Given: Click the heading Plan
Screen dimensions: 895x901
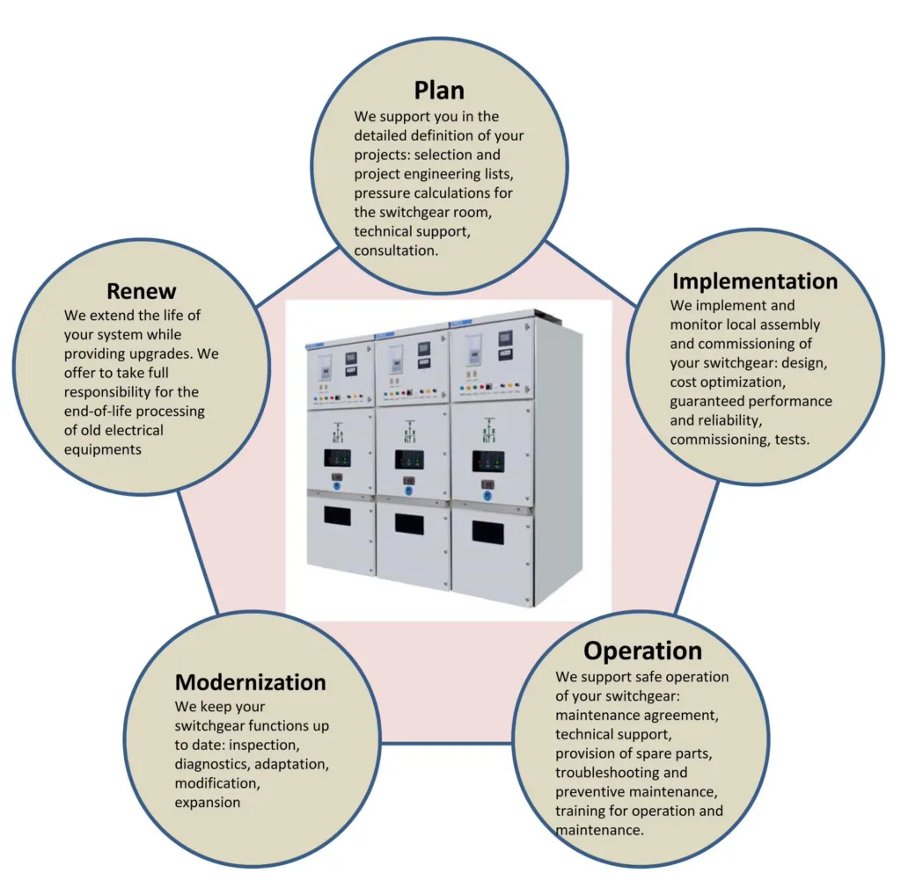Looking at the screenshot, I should tap(439, 90).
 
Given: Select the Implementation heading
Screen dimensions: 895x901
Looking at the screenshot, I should tap(755, 281).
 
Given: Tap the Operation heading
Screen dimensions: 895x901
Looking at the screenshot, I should tap(642, 651).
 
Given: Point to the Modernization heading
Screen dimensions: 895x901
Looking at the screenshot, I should tap(250, 682).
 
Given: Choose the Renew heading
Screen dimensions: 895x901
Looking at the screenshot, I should tap(142, 291).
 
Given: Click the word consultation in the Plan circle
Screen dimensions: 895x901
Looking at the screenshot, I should tap(395, 251).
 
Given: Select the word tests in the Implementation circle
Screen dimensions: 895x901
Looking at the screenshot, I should tap(790, 440).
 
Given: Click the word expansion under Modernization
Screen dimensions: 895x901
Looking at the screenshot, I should tap(207, 802).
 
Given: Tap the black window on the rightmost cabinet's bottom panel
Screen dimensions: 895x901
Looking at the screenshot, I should tap(488, 532).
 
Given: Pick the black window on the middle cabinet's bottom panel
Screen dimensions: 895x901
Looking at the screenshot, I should tap(409, 524).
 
